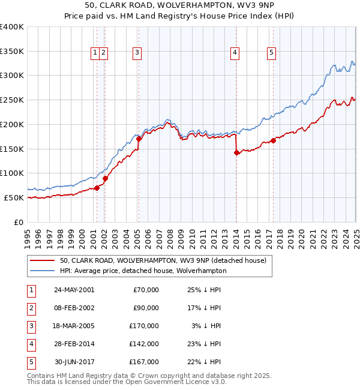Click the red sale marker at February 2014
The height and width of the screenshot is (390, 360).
click(236, 152)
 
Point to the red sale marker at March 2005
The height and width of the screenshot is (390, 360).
click(139, 139)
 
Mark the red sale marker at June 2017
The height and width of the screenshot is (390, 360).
click(273, 140)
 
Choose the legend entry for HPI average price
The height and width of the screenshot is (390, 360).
click(143, 271)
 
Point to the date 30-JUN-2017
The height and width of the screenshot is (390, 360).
click(74, 362)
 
